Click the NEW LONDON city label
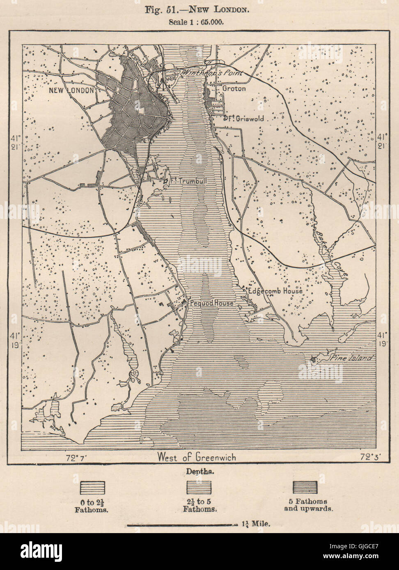click(x=71, y=90)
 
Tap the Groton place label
click(x=234, y=88)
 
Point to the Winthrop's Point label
click(x=213, y=73)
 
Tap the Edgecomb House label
click(x=275, y=291)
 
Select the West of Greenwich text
click(x=197, y=457)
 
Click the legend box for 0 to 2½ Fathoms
click(x=92, y=487)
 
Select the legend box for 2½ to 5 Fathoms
click(x=199, y=487)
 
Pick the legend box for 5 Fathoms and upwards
click(x=305, y=487)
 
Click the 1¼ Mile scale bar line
click(x=181, y=525)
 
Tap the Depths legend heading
click(x=199, y=472)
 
